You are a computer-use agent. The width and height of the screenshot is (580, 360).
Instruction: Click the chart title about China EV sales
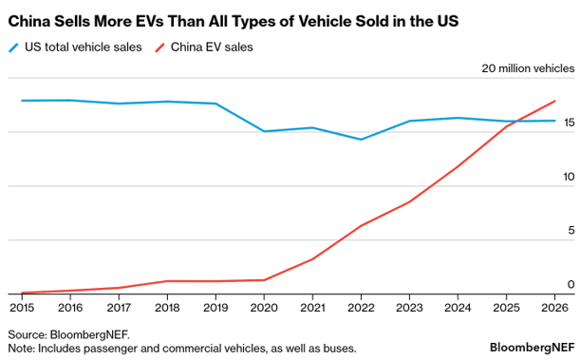click(234, 19)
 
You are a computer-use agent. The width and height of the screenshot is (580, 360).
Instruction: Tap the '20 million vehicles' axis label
click(528, 68)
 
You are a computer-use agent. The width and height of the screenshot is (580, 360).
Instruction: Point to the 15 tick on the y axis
click(568, 123)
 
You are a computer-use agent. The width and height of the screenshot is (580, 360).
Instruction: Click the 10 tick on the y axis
click(568, 177)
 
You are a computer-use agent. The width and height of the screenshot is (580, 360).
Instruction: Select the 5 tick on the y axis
click(570, 231)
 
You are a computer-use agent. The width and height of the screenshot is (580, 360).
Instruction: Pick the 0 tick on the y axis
click(570, 284)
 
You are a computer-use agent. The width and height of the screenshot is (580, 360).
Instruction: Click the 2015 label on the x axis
click(21, 308)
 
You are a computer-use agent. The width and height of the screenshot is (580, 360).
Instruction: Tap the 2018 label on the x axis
click(167, 308)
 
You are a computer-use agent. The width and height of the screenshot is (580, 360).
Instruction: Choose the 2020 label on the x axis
click(264, 308)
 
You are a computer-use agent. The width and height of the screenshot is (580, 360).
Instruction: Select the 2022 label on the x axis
click(361, 308)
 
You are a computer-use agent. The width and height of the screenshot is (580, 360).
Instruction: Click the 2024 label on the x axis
click(458, 308)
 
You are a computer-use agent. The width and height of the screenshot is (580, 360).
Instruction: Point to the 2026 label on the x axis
click(554, 308)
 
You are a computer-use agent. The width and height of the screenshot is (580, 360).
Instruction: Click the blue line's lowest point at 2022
click(361, 140)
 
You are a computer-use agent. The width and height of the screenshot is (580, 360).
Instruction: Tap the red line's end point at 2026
click(555, 101)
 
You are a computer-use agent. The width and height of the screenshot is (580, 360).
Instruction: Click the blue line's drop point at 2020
click(264, 131)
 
